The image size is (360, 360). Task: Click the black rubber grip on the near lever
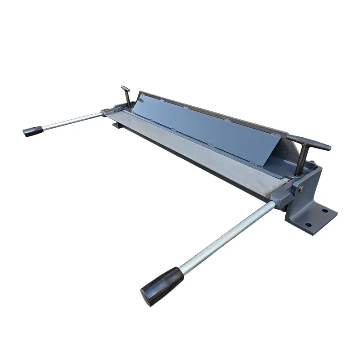click(162, 286)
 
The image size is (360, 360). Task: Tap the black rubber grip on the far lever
click(33, 131)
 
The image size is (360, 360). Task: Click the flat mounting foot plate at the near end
click(317, 218)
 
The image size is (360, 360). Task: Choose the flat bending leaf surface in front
click(202, 153)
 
